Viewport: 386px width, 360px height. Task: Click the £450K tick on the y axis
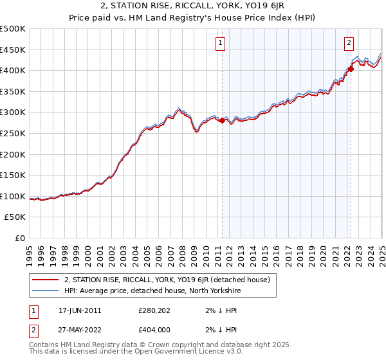click(13, 50)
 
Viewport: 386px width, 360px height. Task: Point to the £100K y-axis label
click(13, 196)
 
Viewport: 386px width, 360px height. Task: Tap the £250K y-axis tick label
click(13, 133)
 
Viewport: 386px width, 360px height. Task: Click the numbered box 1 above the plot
click(220, 43)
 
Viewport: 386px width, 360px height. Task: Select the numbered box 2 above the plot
click(349, 43)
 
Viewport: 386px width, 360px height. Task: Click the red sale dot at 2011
click(222, 120)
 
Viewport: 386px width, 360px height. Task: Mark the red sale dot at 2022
click(351, 69)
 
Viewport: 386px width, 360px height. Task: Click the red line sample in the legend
click(46, 280)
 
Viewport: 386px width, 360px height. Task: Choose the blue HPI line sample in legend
click(46, 291)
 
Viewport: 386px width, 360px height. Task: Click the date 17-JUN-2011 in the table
click(80, 310)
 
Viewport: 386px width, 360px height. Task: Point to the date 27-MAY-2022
click(80, 330)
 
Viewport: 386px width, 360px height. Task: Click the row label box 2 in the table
click(33, 330)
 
